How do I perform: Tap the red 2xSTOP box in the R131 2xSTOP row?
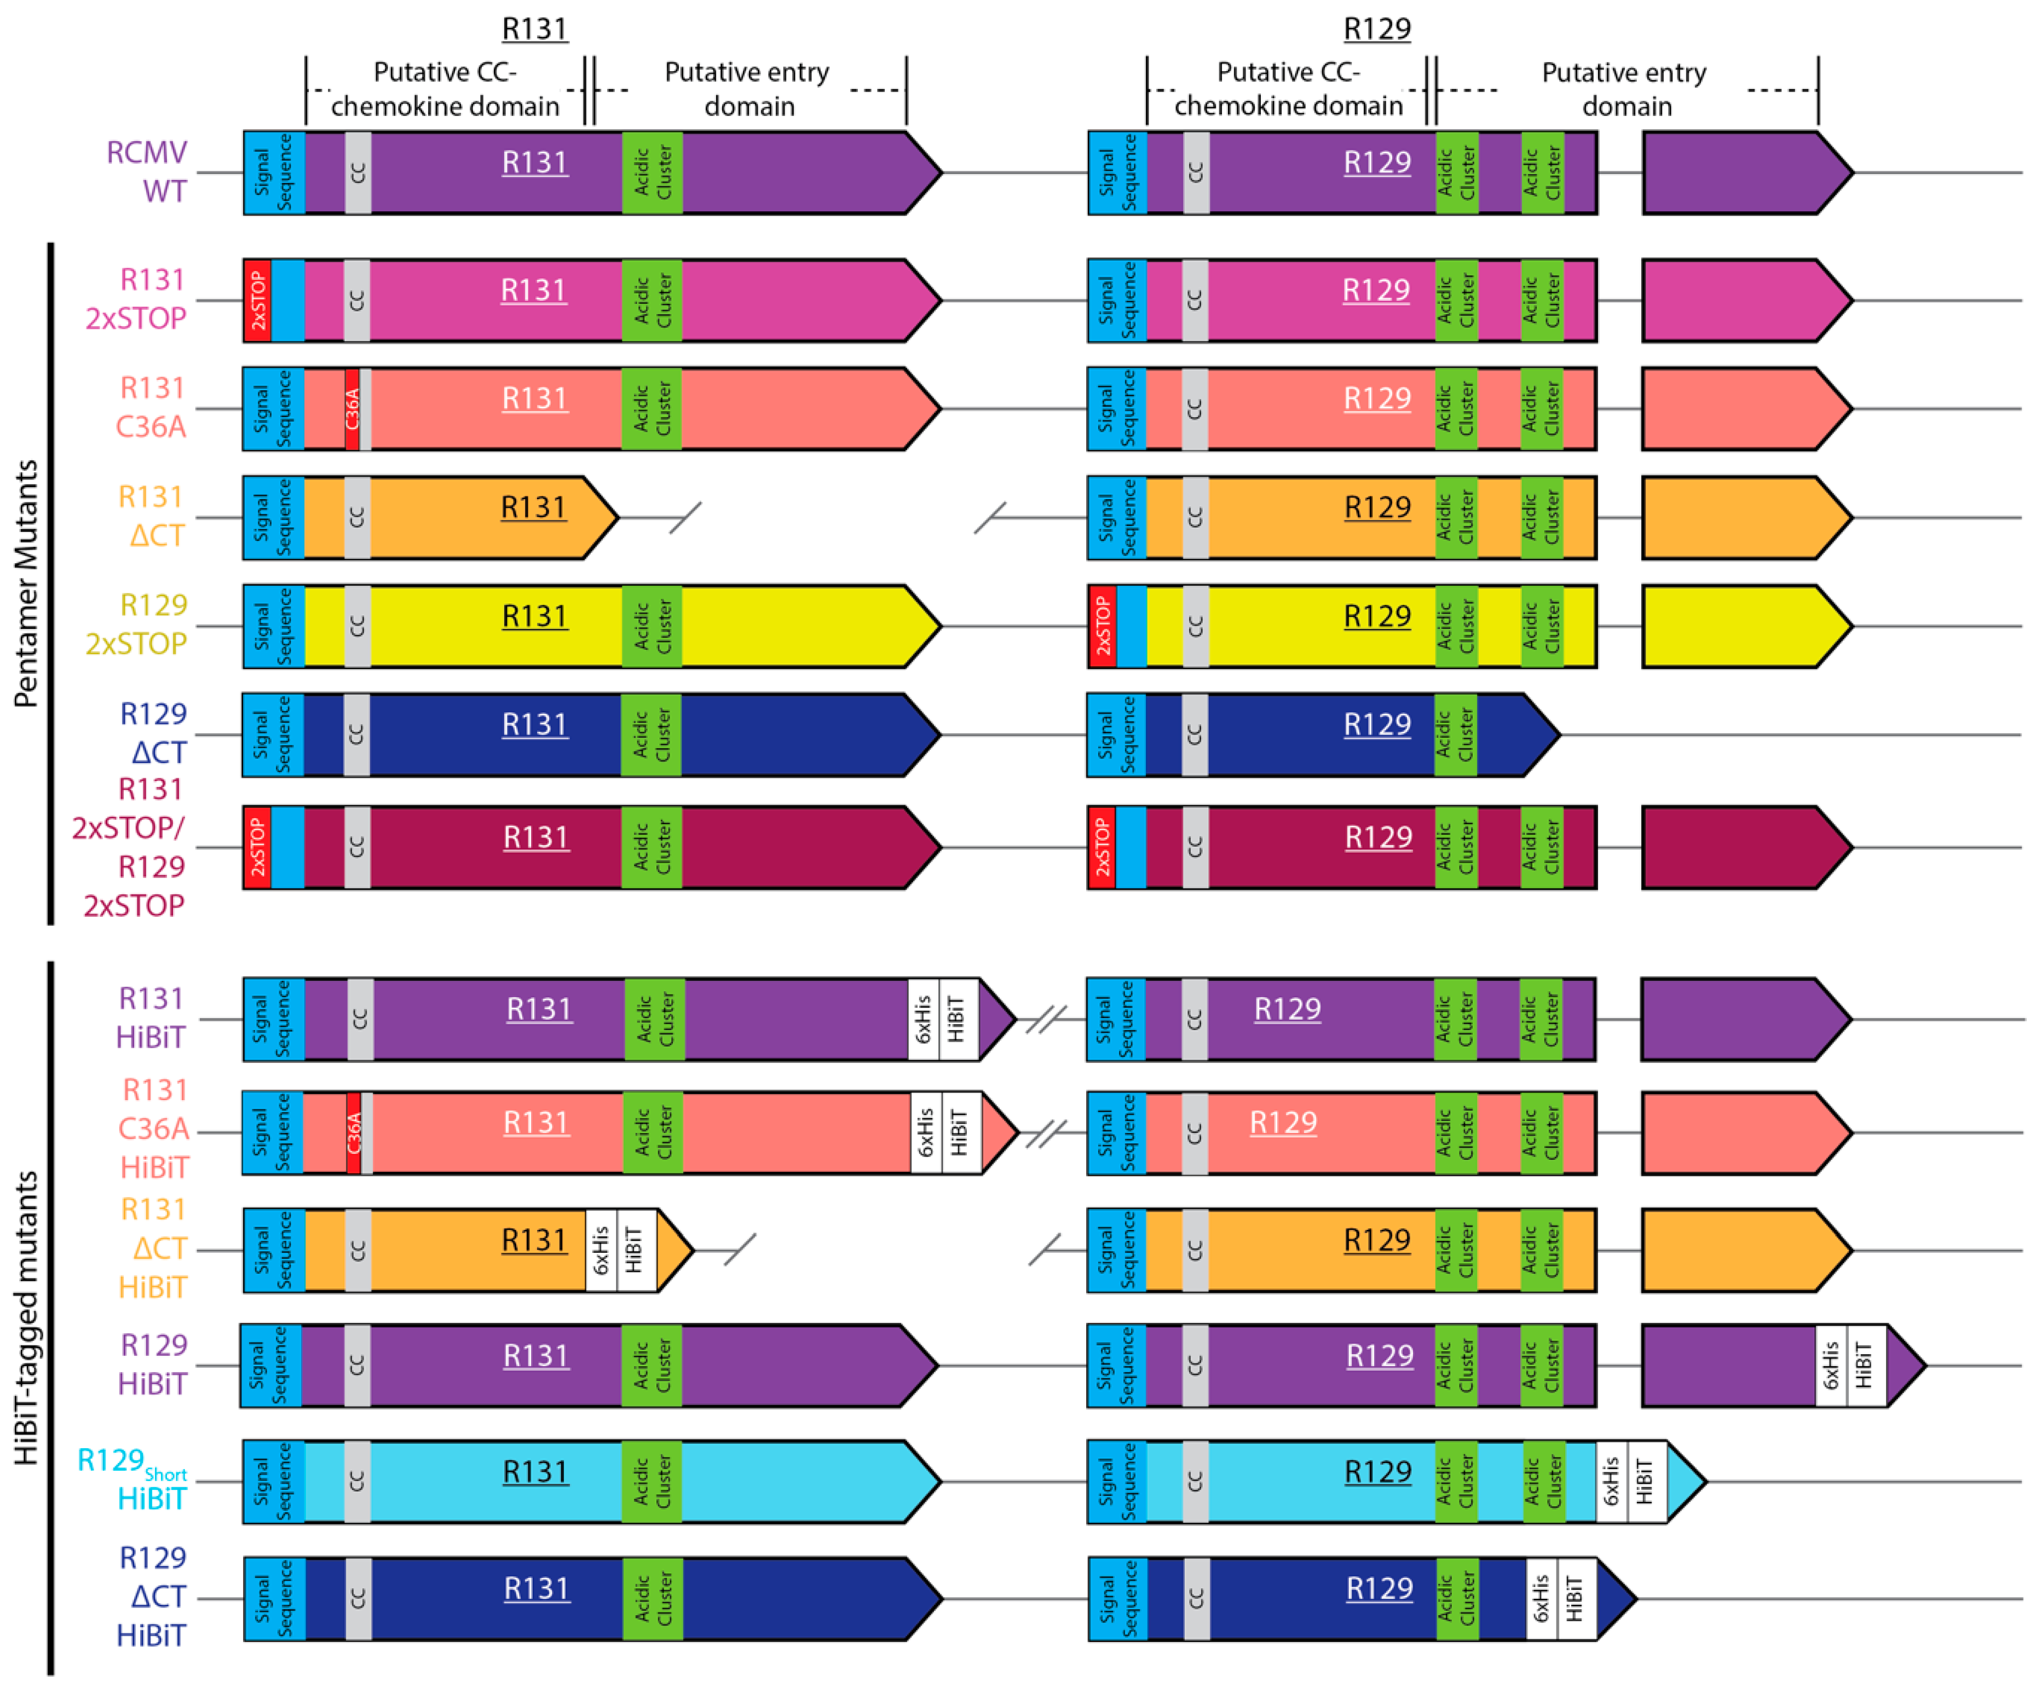[257, 300]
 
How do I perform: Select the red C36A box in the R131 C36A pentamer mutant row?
[352, 408]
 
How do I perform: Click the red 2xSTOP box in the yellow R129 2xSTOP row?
[1103, 626]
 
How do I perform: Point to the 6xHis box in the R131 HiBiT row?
[923, 1019]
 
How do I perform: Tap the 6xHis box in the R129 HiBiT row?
[1831, 1365]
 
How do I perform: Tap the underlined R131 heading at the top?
[534, 29]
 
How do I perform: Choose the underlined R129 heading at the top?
[1377, 29]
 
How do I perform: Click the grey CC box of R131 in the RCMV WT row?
[357, 172]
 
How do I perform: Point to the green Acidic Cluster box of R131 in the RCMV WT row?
[653, 172]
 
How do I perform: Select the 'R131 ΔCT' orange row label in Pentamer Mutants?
[151, 516]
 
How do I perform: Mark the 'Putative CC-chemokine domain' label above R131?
[445, 89]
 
